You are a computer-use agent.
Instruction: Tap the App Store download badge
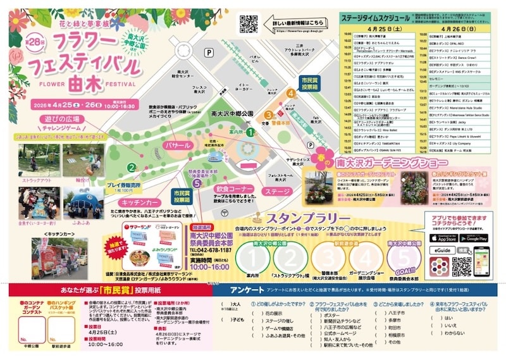(x=444, y=238)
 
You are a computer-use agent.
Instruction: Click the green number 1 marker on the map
(x=250, y=132)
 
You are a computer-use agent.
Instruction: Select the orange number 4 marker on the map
(x=291, y=92)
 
